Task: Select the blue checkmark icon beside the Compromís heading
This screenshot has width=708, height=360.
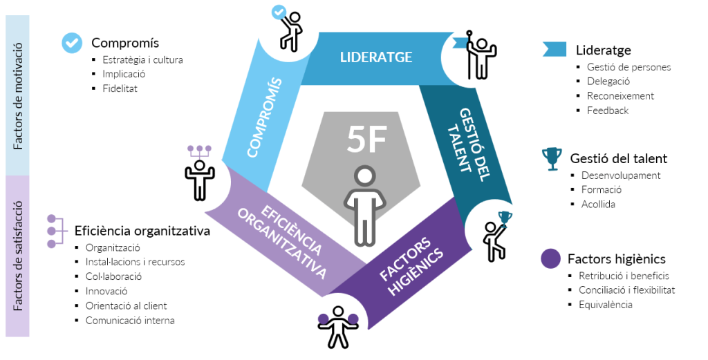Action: tap(71, 42)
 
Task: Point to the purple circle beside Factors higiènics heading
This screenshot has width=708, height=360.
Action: tap(550, 259)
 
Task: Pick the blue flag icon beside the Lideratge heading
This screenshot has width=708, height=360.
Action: tap(555, 49)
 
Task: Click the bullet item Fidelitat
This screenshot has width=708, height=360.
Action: tap(120, 88)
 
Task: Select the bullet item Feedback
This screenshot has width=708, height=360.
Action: tap(608, 111)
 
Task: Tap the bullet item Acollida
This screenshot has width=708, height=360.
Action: tap(598, 205)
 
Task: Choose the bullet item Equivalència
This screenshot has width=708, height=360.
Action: tap(605, 305)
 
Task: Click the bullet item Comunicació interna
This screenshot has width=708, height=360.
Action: tap(129, 321)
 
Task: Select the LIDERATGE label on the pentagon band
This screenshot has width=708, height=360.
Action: tap(376, 57)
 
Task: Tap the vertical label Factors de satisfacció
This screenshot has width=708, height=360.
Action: tap(18, 256)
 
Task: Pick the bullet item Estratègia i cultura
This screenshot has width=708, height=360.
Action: tap(142, 59)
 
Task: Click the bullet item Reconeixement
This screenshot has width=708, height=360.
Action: tap(620, 96)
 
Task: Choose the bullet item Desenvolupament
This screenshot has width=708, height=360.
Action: tap(621, 176)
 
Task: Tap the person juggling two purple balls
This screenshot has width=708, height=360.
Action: tap(337, 325)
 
